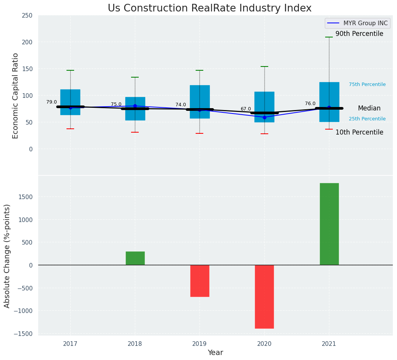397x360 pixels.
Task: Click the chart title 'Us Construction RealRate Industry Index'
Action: [x=209, y=8]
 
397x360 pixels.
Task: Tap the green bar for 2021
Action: [x=329, y=224]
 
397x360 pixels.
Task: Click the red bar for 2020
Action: [x=264, y=297]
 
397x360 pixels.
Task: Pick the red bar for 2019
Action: [x=199, y=281]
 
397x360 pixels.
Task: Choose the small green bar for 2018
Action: [x=135, y=258]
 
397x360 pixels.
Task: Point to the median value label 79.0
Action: [x=52, y=102]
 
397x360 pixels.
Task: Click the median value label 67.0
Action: [x=246, y=109]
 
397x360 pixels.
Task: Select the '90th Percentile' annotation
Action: [x=359, y=34]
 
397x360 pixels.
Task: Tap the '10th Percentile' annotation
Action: [x=359, y=133]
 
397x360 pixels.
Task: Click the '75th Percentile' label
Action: [x=367, y=84]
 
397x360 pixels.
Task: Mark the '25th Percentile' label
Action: [x=367, y=119]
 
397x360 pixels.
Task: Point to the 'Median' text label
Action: [x=369, y=109]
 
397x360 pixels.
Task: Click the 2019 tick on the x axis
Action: [x=199, y=344]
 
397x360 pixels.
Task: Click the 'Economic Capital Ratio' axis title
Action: [x=15, y=96]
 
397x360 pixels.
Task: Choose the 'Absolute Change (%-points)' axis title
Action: [x=7, y=256]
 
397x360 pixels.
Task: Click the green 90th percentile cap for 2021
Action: [x=329, y=37]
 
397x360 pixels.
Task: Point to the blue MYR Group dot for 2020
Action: [x=264, y=117]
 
